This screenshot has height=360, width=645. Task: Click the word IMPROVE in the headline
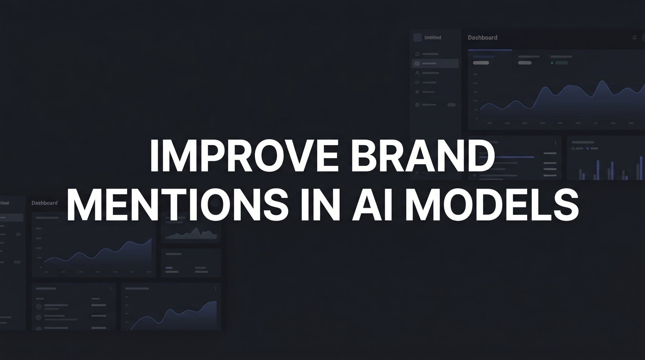pos(244,156)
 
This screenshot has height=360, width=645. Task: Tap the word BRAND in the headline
pos(423,156)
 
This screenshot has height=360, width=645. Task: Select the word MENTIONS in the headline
pos(177,205)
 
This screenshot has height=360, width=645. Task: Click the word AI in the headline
pos(372,205)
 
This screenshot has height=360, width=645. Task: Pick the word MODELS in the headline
pos(492,205)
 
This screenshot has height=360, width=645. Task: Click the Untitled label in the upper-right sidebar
pos(433,38)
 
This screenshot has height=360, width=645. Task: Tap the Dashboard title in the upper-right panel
pos(482,38)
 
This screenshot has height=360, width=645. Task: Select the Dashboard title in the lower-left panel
pos(44,203)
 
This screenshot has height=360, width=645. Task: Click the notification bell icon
pos(634,38)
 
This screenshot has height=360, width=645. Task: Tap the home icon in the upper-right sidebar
pos(417,54)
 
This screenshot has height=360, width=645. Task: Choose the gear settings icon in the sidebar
pos(417,105)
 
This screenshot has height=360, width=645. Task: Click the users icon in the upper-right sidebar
pos(417,73)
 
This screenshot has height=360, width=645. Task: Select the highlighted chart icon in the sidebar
pos(417,63)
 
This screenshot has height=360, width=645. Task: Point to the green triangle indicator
pos(552,63)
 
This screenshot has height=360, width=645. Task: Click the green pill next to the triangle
pos(561,63)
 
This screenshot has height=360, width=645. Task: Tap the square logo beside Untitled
pos(417,38)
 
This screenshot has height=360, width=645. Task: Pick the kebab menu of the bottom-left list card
pos(111,289)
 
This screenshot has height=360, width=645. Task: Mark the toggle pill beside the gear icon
pos(451,105)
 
